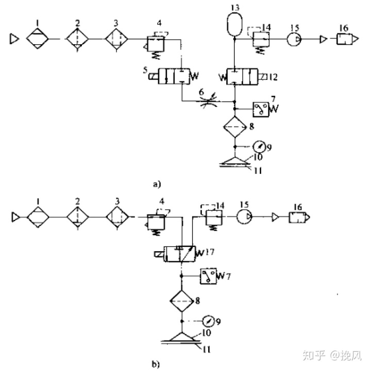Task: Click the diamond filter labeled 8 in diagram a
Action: pos(234,126)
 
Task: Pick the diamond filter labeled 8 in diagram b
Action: pos(181,300)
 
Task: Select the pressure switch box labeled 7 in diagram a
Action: pos(261,109)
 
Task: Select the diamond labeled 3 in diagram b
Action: pos(116,218)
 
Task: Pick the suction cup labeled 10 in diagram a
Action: pos(234,160)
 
